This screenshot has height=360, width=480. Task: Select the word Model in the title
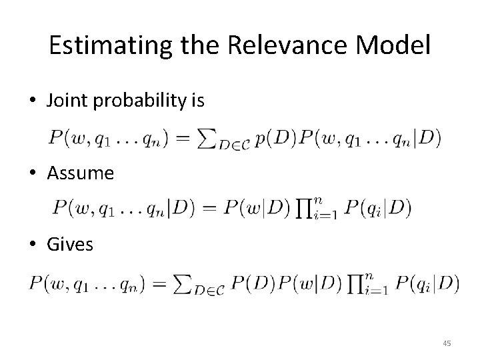[x=393, y=45]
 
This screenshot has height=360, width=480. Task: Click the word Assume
[x=81, y=173]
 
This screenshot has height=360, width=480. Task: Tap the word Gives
[x=70, y=245]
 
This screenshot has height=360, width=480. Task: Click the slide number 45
[x=447, y=343]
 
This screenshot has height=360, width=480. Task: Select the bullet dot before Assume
[x=33, y=173]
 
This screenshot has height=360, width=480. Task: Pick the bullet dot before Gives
[x=33, y=245]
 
